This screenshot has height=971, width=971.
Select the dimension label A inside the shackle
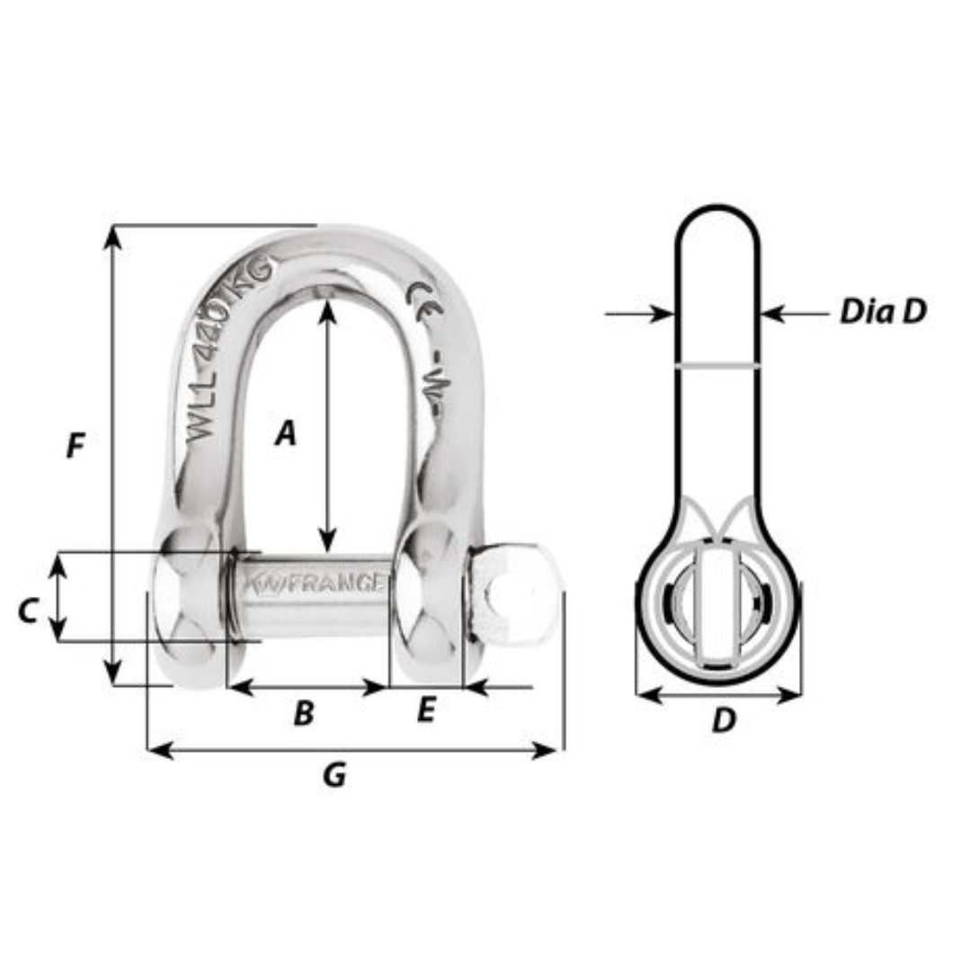point(285,434)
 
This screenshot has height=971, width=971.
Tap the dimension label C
point(28,611)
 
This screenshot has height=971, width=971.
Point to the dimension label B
point(304,714)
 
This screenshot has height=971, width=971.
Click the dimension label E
point(425,711)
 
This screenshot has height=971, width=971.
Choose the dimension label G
point(334,775)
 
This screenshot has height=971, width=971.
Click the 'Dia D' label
point(882,312)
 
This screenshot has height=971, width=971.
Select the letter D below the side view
point(724,720)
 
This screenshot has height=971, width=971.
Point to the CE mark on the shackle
point(424,296)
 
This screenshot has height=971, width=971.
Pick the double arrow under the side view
point(718,695)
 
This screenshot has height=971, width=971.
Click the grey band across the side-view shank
point(718,366)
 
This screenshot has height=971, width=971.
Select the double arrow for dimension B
point(307,688)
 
